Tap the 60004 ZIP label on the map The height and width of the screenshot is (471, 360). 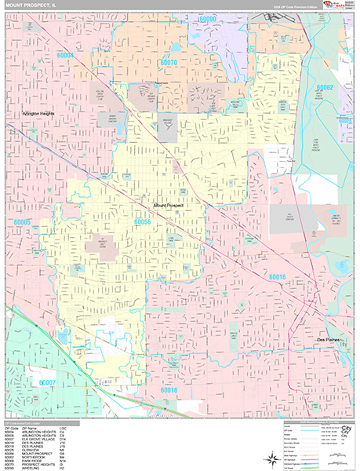click(x=65, y=56)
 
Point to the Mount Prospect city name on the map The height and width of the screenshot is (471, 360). click(x=171, y=206)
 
